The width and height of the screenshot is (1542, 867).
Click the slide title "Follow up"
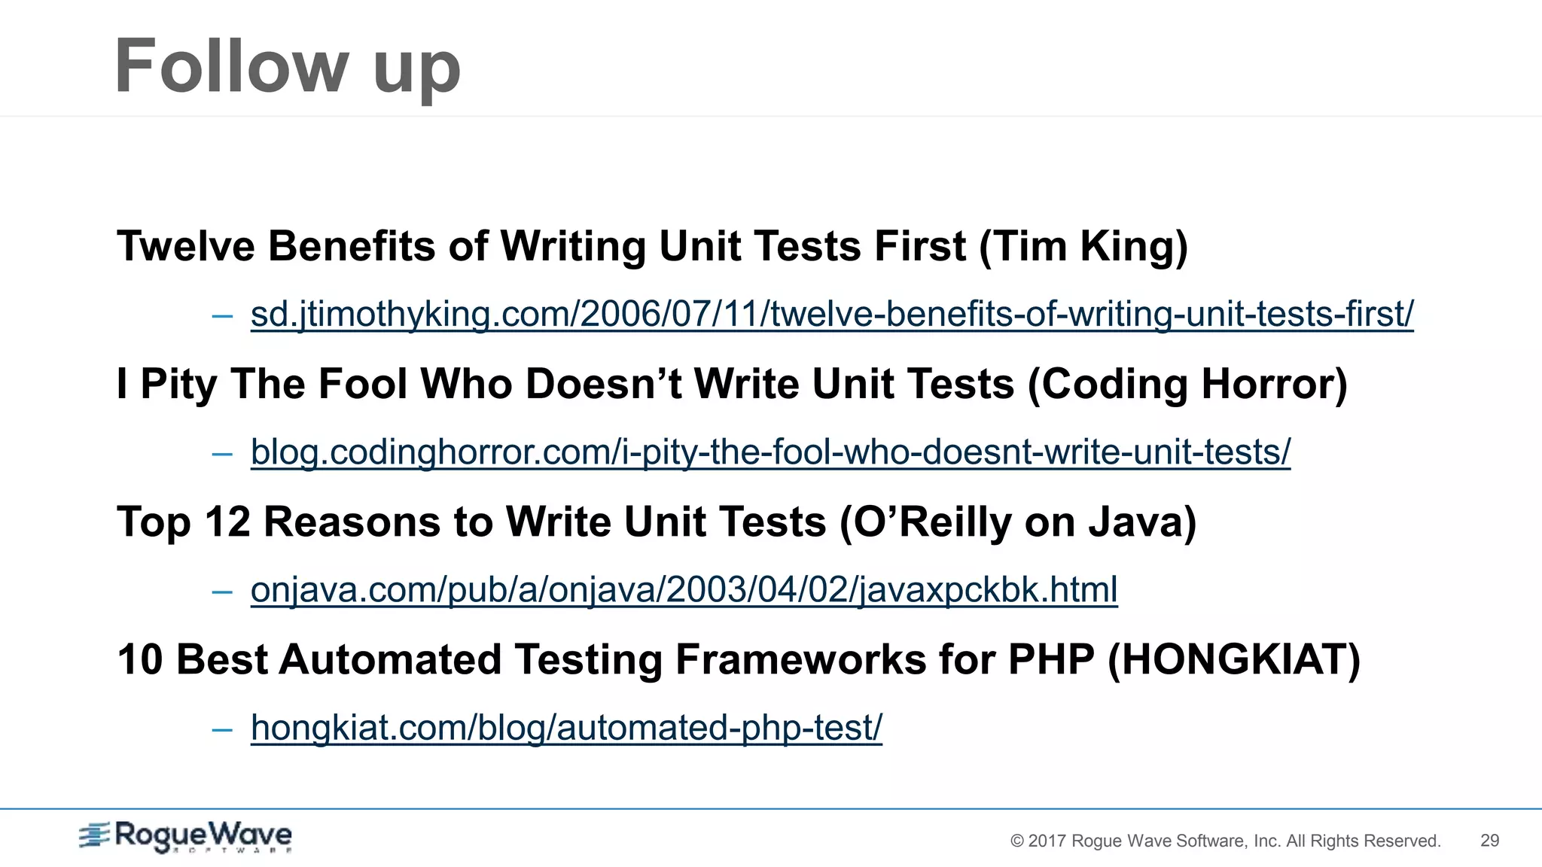(287, 67)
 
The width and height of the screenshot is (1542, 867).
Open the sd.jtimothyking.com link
(832, 314)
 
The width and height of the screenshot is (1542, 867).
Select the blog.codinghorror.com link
(770, 452)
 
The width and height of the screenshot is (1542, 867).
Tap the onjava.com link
(684, 589)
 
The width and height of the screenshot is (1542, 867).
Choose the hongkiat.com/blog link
(566, 728)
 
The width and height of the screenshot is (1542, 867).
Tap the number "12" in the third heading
(227, 522)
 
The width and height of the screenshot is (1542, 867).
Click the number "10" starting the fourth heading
(140, 659)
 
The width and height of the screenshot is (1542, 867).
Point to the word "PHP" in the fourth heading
(1051, 659)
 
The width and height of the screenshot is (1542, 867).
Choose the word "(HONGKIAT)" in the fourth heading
(1234, 659)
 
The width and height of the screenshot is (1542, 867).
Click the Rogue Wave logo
(186, 836)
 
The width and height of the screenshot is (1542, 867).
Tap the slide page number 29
(1489, 841)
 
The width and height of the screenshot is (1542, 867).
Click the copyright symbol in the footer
(1017, 841)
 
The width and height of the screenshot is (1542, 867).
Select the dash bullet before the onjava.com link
(222, 592)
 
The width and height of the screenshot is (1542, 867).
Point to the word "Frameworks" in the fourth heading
(800, 659)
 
